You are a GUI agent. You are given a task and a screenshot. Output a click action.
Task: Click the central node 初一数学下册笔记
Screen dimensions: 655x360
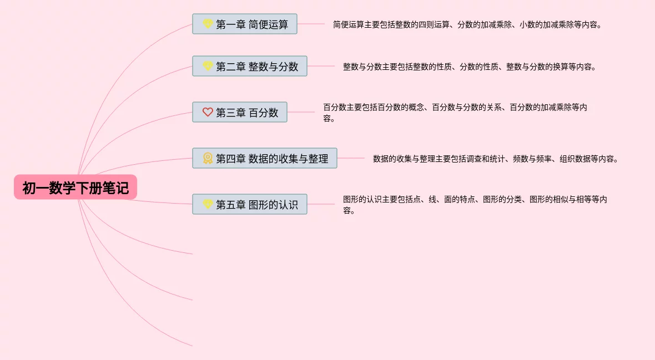coord(75,188)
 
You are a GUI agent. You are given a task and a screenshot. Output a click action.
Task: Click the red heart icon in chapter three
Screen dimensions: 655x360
coord(208,113)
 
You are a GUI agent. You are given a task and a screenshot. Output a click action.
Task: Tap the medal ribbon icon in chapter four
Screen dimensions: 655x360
coord(208,159)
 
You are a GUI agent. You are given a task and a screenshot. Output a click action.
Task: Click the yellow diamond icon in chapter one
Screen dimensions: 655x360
coord(208,24)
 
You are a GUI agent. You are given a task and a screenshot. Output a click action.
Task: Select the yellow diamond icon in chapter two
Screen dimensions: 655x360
coord(208,67)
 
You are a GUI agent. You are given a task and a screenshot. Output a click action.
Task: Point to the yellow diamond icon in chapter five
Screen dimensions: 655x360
coord(208,205)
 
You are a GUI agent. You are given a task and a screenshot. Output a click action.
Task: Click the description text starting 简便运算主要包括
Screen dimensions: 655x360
coord(467,25)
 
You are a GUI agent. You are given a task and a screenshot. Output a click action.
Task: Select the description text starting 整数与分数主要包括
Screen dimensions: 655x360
coord(470,67)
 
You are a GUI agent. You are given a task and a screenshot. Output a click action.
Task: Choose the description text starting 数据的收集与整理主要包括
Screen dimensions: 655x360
coord(495,159)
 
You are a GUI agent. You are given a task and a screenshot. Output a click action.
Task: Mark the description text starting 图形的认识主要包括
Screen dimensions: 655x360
coord(475,205)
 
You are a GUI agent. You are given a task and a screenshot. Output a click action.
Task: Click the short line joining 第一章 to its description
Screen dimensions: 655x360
coord(311,24)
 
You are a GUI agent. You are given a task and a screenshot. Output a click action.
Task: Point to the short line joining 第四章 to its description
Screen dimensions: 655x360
coord(351,158)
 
